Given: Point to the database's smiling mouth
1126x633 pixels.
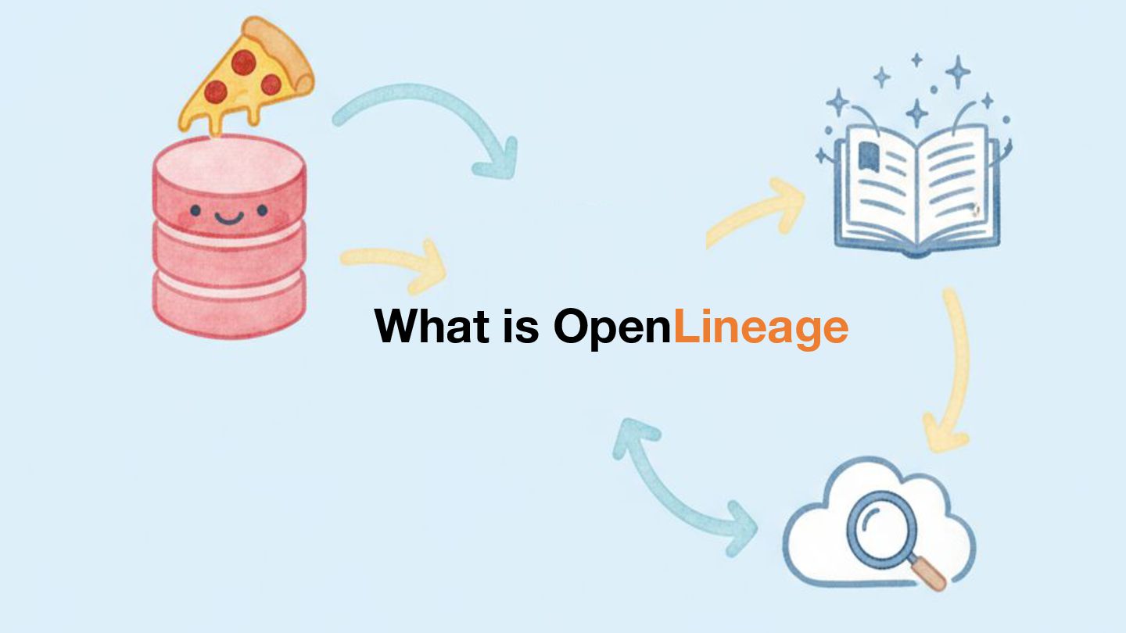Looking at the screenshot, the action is [x=228, y=218].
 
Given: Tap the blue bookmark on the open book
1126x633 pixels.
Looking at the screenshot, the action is [x=867, y=156].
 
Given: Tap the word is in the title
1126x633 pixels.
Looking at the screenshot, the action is [x=522, y=326].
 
